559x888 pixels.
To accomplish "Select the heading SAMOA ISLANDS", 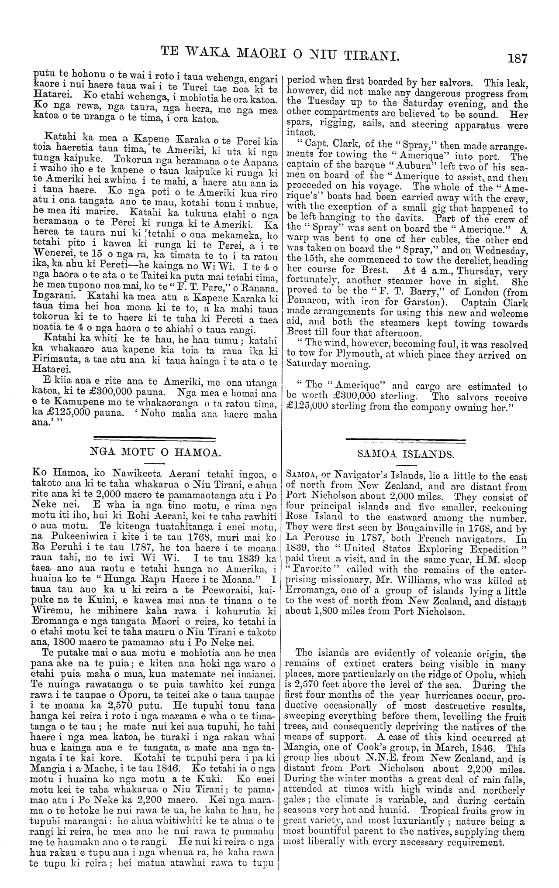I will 406,454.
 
